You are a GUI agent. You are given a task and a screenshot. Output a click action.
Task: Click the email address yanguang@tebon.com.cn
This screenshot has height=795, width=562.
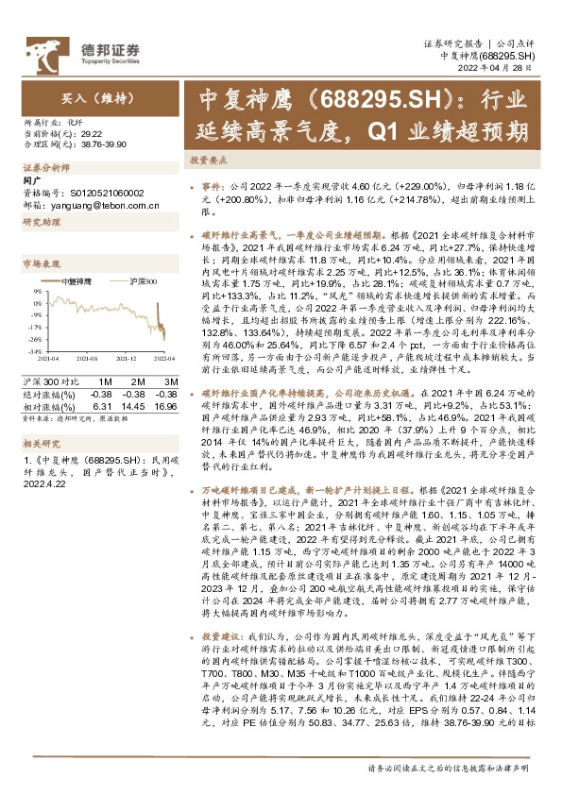coord(94,204)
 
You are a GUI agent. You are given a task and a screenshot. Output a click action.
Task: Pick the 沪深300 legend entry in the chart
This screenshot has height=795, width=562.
coord(141,281)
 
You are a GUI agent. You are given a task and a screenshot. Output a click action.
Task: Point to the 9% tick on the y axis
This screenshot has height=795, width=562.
coord(36,291)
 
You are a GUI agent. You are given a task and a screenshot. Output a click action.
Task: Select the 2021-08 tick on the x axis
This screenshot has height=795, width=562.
coord(88,358)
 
